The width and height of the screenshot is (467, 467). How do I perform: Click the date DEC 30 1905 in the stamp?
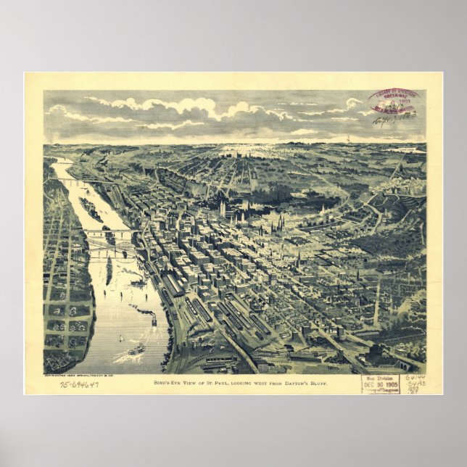pyautogui.click(x=381, y=385)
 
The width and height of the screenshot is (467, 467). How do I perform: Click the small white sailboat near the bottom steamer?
pyautogui.click(x=121, y=337)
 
